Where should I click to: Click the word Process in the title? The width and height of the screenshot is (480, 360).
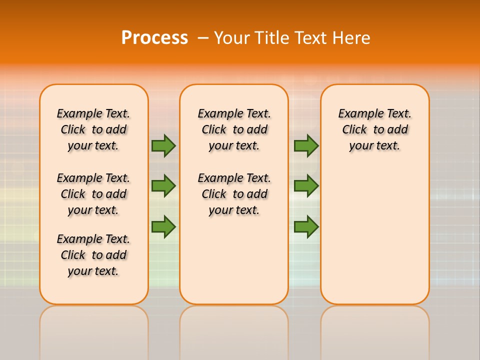click(x=154, y=38)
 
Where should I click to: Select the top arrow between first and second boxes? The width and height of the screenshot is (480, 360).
click(x=163, y=145)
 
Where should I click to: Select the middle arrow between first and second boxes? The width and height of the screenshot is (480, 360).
click(x=163, y=186)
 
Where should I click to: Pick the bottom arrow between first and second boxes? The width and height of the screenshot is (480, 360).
click(x=163, y=227)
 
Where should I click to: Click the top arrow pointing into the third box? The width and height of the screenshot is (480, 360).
click(x=306, y=145)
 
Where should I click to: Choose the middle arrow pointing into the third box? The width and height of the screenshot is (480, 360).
click(x=306, y=186)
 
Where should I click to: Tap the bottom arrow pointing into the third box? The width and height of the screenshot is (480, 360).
click(x=306, y=227)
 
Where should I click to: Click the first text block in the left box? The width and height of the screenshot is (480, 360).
click(x=93, y=129)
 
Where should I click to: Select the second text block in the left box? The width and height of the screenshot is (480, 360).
click(x=93, y=194)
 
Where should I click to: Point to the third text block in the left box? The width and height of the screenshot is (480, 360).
click(x=93, y=255)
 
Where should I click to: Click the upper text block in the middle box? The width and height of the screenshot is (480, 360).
click(x=234, y=129)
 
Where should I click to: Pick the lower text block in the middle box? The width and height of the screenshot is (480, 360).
click(x=234, y=194)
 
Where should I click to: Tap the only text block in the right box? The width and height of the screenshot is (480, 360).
click(x=374, y=129)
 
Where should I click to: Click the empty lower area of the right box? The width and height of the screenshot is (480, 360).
click(x=374, y=235)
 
